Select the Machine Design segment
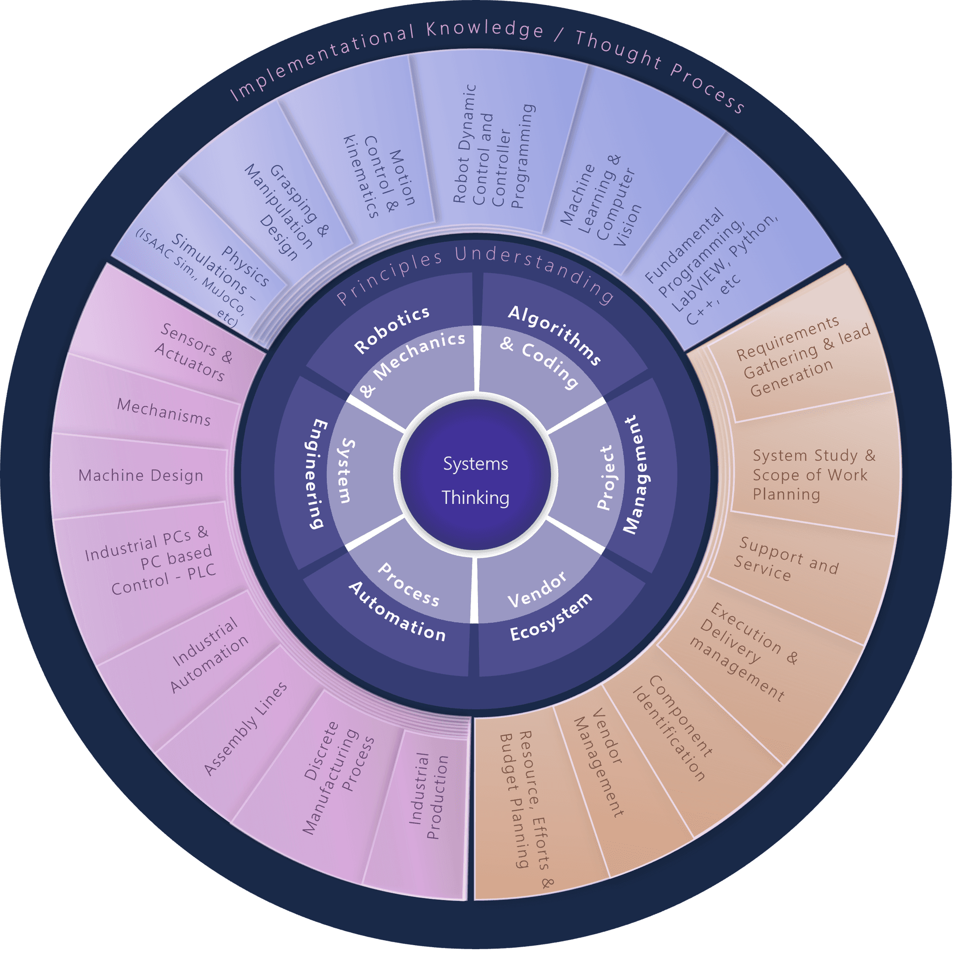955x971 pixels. (x=141, y=476)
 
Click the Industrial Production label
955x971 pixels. (x=429, y=796)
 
